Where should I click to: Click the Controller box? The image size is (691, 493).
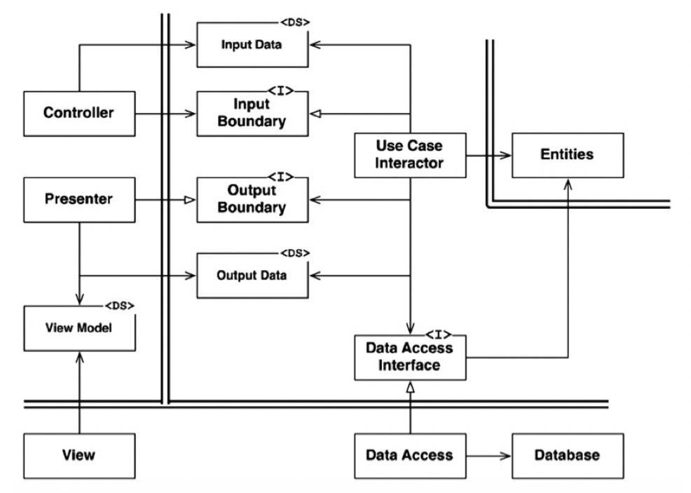pyautogui.click(x=79, y=114)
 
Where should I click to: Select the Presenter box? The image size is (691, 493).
pyautogui.click(x=79, y=200)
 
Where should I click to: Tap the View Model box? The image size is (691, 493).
pyautogui.click(x=79, y=328)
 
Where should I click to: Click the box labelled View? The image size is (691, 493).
pyautogui.click(x=79, y=456)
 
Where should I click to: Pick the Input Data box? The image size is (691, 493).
pyautogui.click(x=252, y=45)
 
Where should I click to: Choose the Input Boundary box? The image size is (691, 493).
pyautogui.click(x=252, y=114)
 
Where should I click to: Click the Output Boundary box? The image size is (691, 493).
pyautogui.click(x=252, y=200)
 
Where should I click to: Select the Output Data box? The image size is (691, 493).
pyautogui.click(x=252, y=276)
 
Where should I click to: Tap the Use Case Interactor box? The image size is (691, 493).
pyautogui.click(x=410, y=155)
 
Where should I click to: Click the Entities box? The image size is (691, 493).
pyautogui.click(x=568, y=155)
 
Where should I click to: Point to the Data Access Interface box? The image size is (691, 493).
pyautogui.click(x=410, y=358)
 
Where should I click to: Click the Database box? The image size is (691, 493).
pyautogui.click(x=568, y=456)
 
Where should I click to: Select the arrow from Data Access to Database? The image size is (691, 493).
pyautogui.click(x=488, y=456)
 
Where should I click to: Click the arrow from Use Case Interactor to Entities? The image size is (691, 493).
pyautogui.click(x=488, y=155)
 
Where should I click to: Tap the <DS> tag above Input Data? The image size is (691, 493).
pyautogui.click(x=295, y=22)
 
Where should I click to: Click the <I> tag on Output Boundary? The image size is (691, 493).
pyautogui.click(x=281, y=177)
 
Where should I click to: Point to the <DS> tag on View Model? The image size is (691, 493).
pyautogui.click(x=120, y=306)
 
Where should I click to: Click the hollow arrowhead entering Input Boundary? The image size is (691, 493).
pyautogui.click(x=315, y=114)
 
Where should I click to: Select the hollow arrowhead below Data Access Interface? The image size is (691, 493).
pyautogui.click(x=410, y=386)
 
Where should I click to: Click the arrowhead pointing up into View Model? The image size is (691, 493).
pyautogui.click(x=79, y=358)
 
